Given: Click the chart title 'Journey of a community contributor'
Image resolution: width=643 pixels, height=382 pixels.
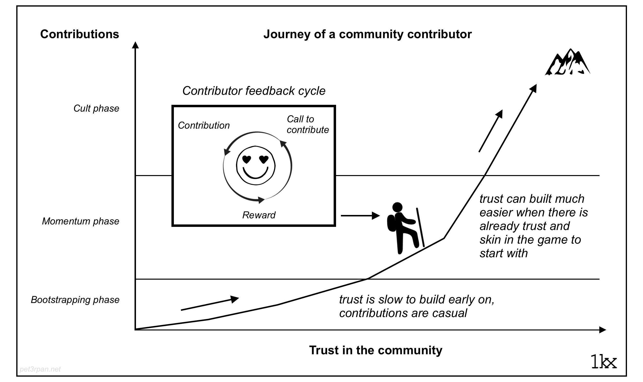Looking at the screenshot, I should tap(367, 34).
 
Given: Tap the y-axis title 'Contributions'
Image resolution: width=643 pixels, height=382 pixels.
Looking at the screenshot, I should tap(79, 34).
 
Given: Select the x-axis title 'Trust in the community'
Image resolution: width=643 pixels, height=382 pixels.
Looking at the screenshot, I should tap(375, 350).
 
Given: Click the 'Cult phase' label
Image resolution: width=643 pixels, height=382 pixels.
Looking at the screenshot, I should tap(96, 108).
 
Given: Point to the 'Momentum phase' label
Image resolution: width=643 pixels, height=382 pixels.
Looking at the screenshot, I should tap(80, 221).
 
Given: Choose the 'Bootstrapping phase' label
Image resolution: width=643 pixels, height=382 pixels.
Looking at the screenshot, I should tap(75, 300).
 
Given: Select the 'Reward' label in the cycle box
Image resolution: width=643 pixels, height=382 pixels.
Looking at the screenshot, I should tap(259, 215).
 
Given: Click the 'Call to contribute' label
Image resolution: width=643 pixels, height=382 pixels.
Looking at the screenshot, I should tap(307, 124).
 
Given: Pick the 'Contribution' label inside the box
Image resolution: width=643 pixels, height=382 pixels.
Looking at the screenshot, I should tap(203, 125).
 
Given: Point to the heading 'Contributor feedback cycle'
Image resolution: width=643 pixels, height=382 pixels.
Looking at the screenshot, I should tap(254, 91).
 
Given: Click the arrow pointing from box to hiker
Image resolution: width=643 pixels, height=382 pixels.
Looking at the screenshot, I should tap(360, 216).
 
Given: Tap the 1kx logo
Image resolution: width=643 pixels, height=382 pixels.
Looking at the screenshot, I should tap(604, 362).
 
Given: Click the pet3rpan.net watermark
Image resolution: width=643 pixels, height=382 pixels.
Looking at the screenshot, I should tap(40, 369).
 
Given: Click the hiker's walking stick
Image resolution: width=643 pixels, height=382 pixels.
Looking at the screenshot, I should tap(420, 227).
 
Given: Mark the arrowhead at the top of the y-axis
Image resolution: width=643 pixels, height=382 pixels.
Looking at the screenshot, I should tap(135, 45).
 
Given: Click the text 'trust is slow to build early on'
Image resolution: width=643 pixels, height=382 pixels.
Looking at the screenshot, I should tap(416, 299).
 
